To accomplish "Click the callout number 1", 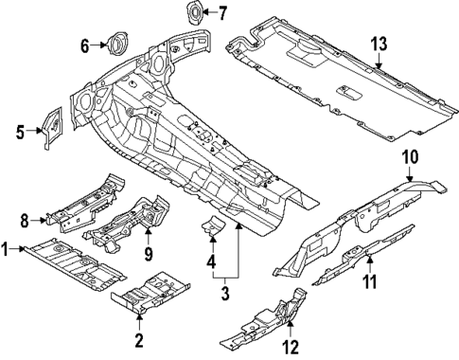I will (x=6, y=249).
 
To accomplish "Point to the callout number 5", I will (x=21, y=131).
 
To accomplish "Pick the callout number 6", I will (x=84, y=44).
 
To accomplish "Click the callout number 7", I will (x=222, y=13).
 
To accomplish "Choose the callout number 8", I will (x=26, y=220).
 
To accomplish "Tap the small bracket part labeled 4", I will (x=212, y=227).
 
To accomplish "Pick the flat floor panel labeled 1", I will (x=76, y=261).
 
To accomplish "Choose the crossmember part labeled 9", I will (x=128, y=223).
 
